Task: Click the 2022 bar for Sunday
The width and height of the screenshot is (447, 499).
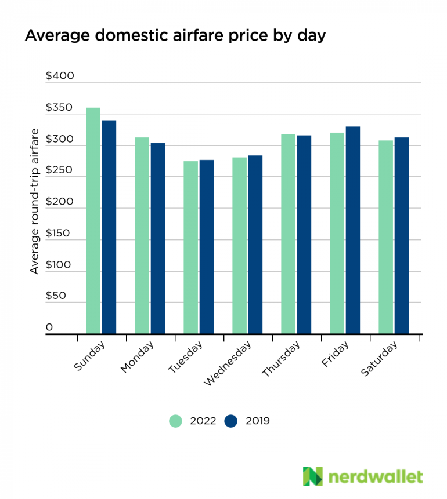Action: [93, 221]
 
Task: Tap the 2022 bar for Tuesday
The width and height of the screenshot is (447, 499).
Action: [191, 247]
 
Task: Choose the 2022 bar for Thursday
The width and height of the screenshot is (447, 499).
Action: [289, 234]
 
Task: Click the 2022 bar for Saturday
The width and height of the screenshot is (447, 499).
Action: [386, 237]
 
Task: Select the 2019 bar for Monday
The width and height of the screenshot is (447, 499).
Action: [158, 238]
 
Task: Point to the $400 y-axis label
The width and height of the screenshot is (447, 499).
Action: [60, 77]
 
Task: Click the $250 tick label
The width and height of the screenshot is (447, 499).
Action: [60, 171]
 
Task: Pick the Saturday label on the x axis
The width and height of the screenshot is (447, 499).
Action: [379, 360]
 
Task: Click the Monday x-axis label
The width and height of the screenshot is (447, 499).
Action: [137, 358]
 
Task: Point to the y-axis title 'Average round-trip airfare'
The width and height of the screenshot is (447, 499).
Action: [35, 201]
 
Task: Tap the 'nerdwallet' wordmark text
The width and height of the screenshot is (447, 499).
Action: [375, 477]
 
